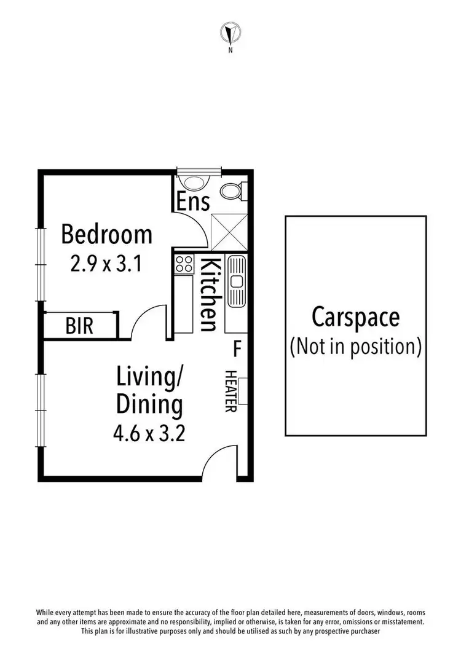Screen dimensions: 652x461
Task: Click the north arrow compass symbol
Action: pyautogui.click(x=230, y=33)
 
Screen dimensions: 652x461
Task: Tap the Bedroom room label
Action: pyautogui.click(x=106, y=234)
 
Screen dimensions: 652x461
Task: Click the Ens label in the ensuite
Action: pyautogui.click(x=194, y=202)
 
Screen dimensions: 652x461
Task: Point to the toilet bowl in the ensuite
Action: pyautogui.click(x=232, y=192)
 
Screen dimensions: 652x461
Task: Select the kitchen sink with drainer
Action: pyautogui.click(x=236, y=281)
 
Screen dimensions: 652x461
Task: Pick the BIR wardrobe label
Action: pyautogui.click(x=80, y=326)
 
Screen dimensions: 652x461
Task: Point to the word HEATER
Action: pyautogui.click(x=230, y=391)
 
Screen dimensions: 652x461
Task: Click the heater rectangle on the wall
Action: pyautogui.click(x=243, y=391)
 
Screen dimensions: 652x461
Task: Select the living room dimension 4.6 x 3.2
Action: pyautogui.click(x=149, y=434)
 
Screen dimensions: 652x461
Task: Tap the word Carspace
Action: pyautogui.click(x=355, y=318)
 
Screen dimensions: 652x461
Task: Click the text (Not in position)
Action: pyautogui.click(x=355, y=347)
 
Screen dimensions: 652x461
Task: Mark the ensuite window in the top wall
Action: pyautogui.click(x=198, y=171)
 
